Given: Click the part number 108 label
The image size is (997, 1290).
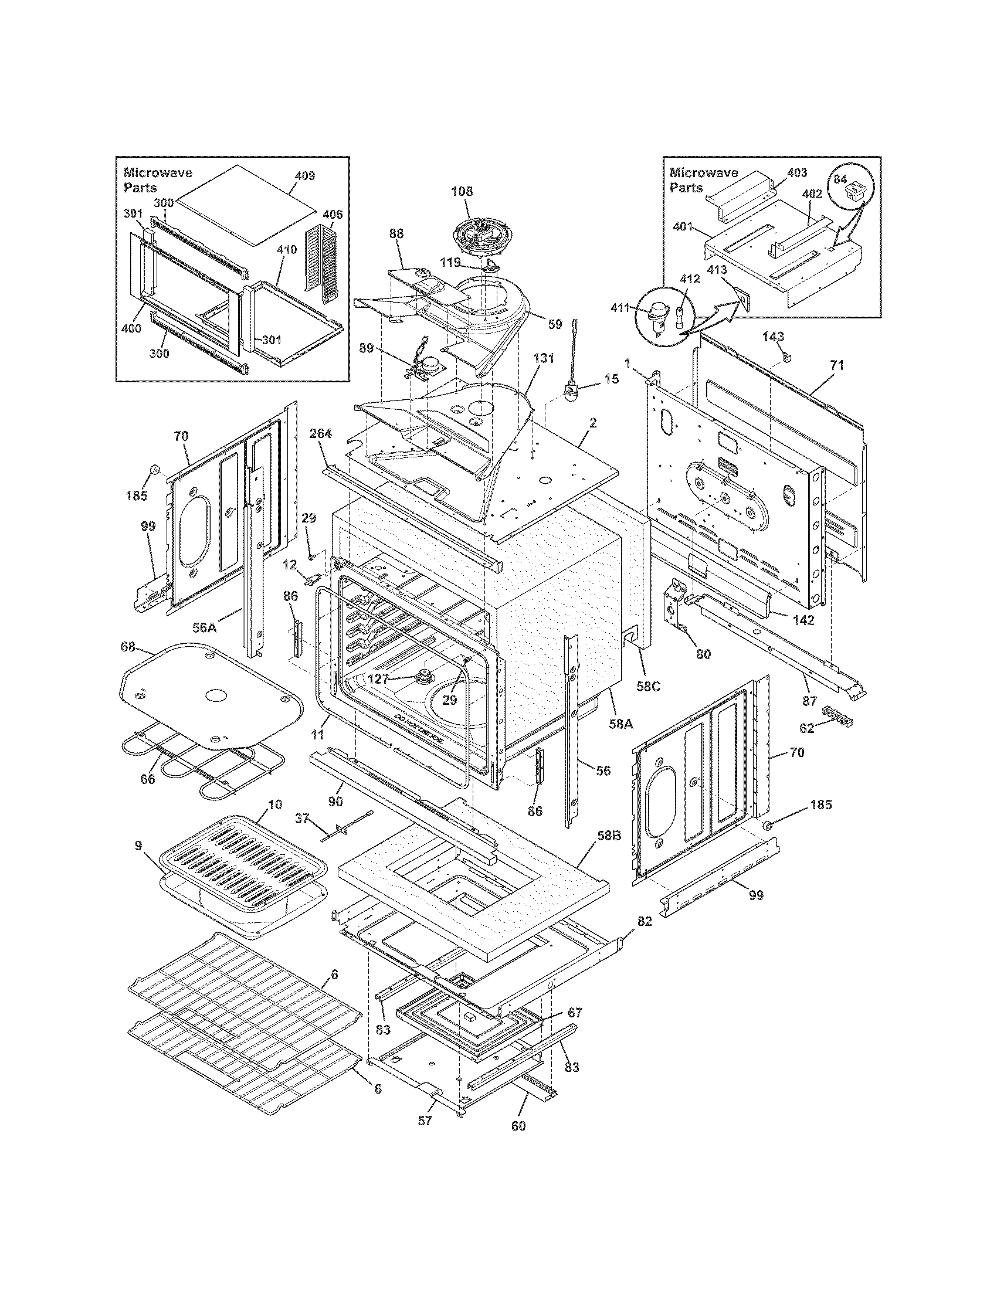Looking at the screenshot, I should tap(462, 191).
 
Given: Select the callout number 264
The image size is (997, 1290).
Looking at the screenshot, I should tap(321, 434).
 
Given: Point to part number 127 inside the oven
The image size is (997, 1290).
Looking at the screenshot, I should tap(378, 679).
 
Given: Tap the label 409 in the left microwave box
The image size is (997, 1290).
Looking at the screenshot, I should tap(305, 175).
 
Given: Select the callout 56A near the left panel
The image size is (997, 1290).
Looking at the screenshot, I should tap(204, 627).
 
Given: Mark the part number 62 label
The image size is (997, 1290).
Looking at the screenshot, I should tap(807, 728).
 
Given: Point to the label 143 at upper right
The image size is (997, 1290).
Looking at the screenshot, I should tap(773, 337).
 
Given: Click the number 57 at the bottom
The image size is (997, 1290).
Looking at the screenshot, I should tap(425, 1121).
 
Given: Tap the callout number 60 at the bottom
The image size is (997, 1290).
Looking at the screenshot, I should tap(518, 1126).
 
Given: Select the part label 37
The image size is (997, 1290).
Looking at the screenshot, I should tap(302, 817).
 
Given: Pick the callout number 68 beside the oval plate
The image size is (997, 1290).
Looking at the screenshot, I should tap(128, 647).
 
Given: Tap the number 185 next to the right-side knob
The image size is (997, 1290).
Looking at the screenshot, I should tap(820, 804).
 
